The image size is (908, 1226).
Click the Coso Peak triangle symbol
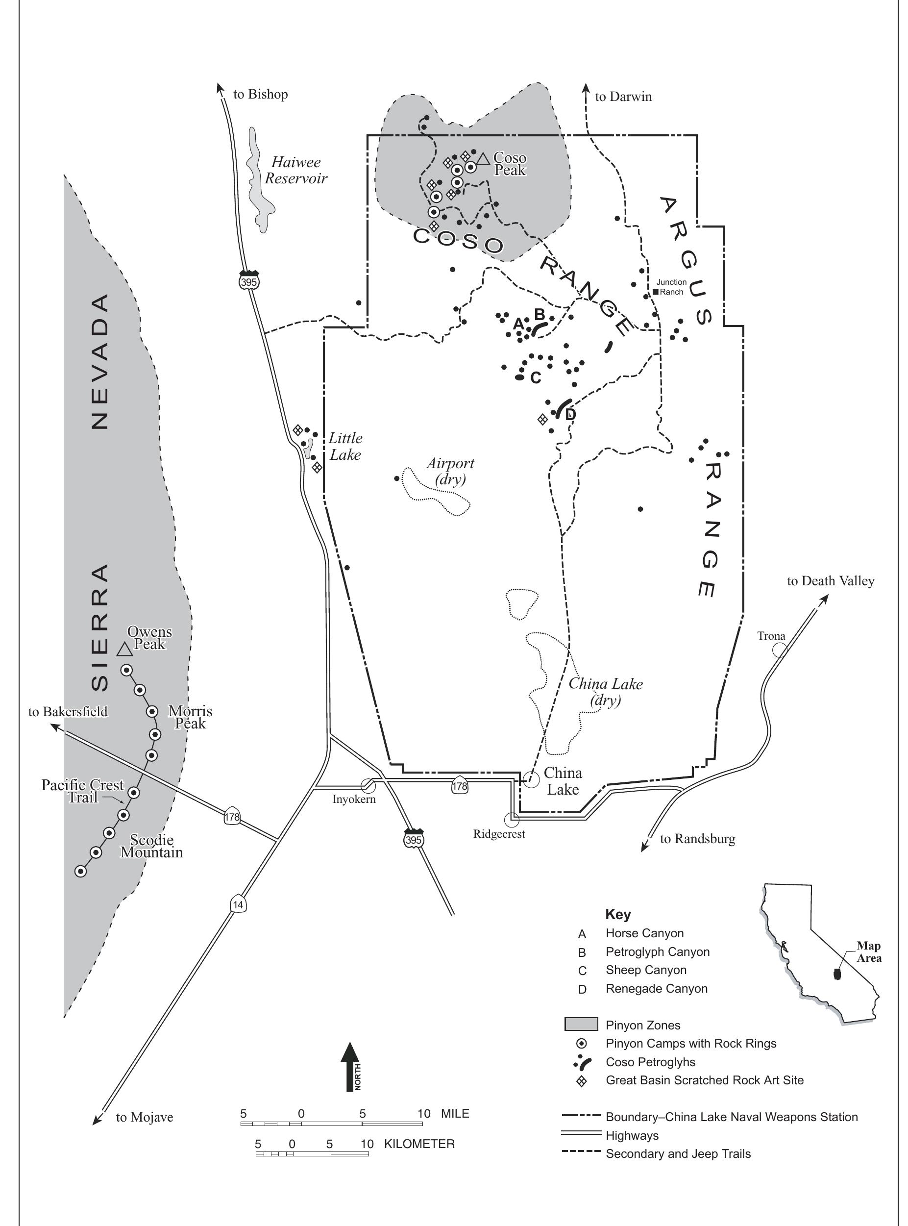coord(483,159)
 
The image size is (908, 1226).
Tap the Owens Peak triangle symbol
coord(125,650)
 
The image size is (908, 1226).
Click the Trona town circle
coord(780,650)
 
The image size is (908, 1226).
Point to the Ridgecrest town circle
coord(512,820)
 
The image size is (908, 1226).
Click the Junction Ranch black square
coord(655,292)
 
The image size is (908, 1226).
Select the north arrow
coord(350,1066)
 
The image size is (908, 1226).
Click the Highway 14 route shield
coord(238,904)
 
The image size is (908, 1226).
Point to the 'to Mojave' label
coord(144,1117)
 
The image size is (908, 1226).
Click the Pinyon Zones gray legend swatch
coord(581,1024)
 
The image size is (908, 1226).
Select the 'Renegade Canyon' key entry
coord(656,989)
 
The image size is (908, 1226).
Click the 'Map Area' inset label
coord(868,951)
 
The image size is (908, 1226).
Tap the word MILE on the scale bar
coord(455,1114)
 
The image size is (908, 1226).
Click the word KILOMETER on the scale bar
coord(419,1144)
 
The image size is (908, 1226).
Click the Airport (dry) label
coord(450,472)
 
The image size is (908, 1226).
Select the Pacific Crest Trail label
coord(82,791)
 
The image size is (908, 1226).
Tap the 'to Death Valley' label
coord(830,581)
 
